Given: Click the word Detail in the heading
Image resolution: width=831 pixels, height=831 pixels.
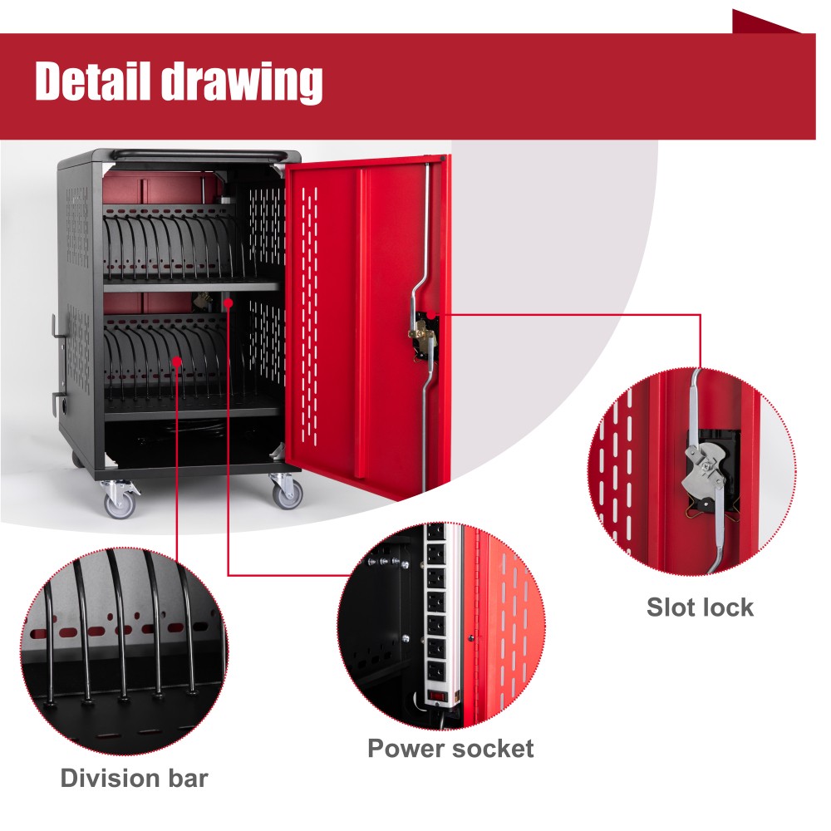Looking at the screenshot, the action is coord(90,81).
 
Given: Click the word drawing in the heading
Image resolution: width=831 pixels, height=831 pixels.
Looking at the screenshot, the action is coord(240,83).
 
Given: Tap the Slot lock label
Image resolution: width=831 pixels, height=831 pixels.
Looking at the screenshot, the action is coord(700,607).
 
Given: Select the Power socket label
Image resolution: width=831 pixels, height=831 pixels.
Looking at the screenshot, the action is coord(450,748).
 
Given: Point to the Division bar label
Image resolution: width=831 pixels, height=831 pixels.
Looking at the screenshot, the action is coord(134,779).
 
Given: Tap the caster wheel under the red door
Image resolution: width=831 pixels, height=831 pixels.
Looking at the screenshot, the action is coord(288,494).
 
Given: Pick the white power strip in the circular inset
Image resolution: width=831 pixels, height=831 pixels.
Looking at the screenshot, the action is coord(435,615).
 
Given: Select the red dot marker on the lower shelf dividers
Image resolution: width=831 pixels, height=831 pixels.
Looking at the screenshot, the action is coord(178,359).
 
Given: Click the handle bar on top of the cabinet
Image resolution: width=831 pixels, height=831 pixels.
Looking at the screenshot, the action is coord(197,154).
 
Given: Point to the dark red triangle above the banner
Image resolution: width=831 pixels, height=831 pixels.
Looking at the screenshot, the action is coord(760,22).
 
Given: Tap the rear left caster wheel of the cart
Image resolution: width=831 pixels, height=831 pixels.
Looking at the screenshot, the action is coord(76,459).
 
